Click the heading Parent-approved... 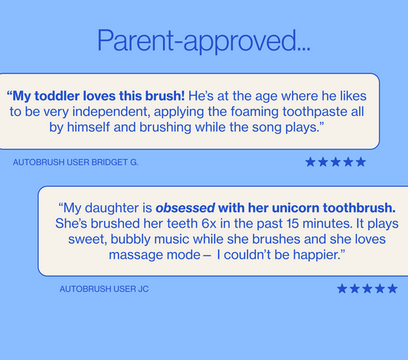click(x=204, y=41)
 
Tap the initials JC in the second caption click(x=143, y=289)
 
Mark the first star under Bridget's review click(x=311, y=162)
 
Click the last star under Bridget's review click(x=361, y=162)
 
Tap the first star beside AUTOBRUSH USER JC click(x=342, y=289)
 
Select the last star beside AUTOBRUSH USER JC click(x=392, y=289)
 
